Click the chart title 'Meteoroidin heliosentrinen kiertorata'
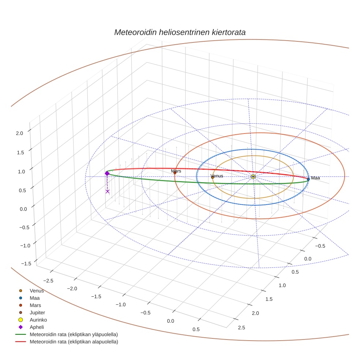(180, 32)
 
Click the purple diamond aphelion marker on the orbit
(107, 173)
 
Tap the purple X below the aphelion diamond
(108, 191)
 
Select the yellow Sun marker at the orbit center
(253, 177)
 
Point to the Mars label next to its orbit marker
(176, 171)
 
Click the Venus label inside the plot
(217, 176)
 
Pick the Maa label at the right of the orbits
(315, 178)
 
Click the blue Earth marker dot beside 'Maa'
(308, 179)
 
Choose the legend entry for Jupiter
(37, 312)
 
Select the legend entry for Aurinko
(38, 320)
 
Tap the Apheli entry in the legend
(37, 327)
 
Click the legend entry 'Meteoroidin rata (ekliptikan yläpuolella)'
(74, 334)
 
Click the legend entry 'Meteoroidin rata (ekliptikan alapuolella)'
(74, 342)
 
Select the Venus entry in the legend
(37, 290)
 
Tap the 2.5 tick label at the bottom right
(241, 327)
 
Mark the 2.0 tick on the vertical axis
(19, 133)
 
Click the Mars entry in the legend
(35, 305)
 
